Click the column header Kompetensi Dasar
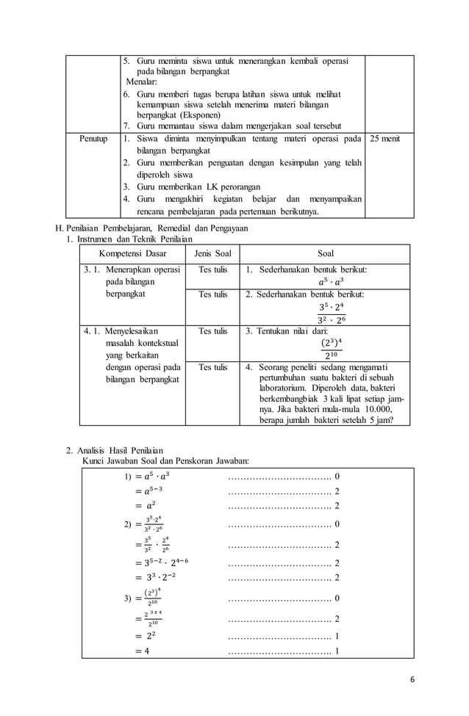132,253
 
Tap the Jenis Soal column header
212,253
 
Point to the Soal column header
325,253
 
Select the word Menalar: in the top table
142,82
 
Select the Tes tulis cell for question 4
212,367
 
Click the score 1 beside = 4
337,651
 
